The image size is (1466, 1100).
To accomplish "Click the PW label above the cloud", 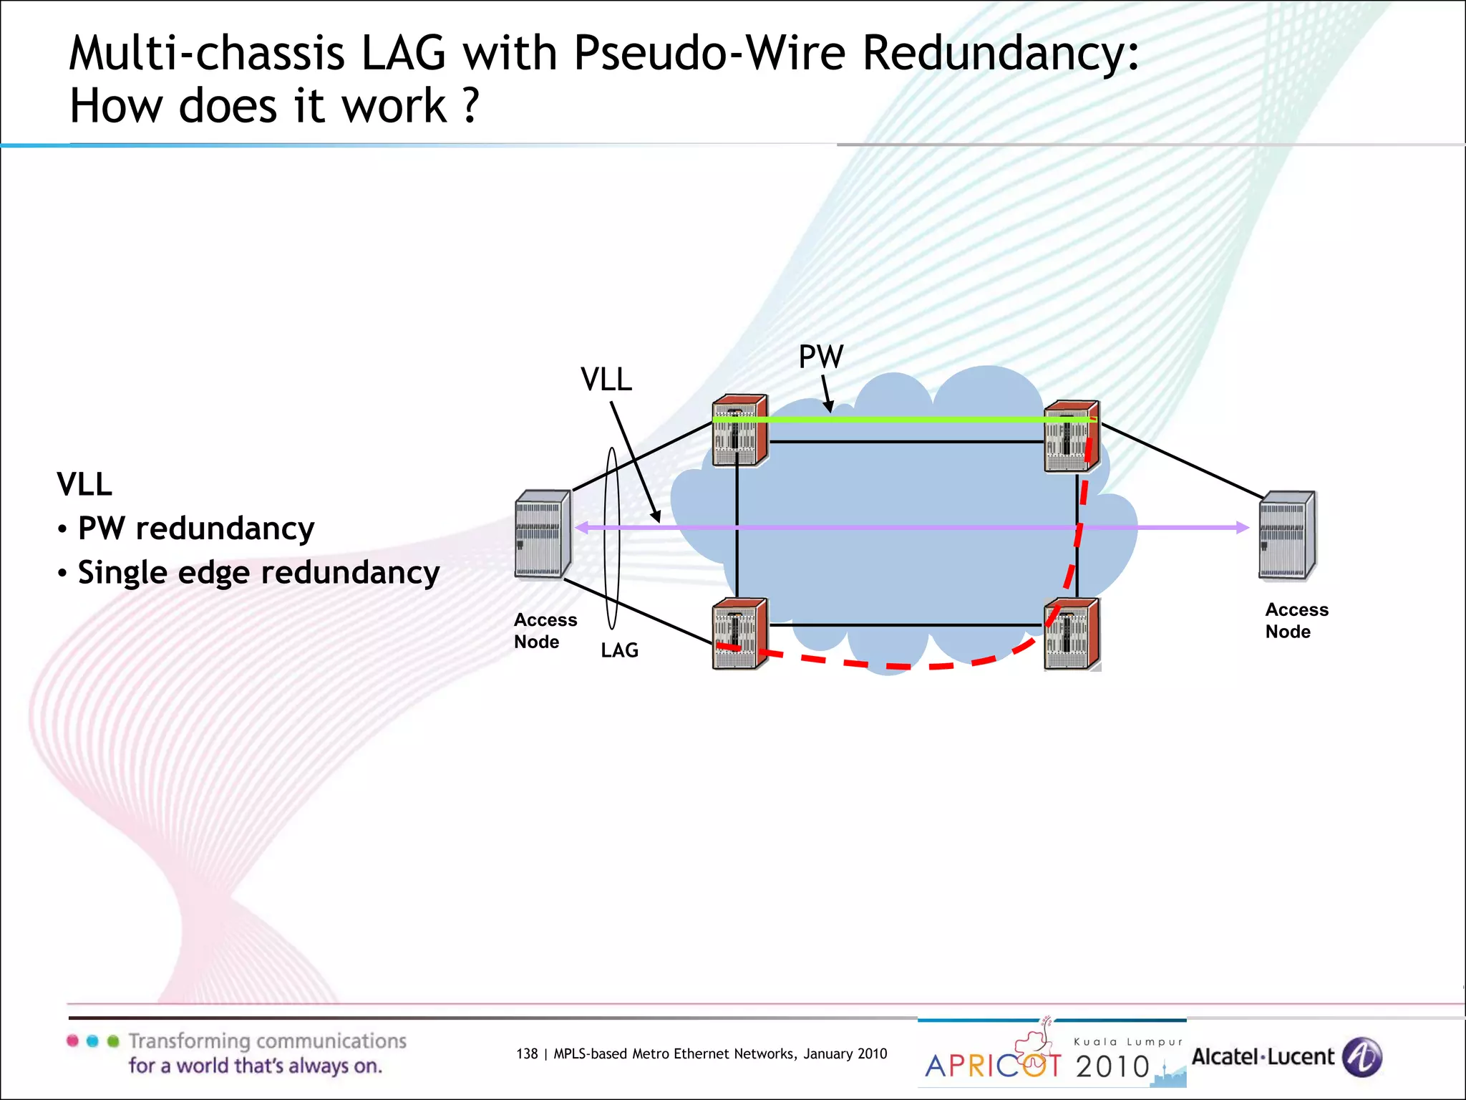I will click(821, 357).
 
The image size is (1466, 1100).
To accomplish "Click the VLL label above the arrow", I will click(606, 380).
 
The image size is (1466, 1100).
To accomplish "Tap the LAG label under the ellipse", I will click(619, 650).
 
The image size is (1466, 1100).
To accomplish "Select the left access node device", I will click(543, 534).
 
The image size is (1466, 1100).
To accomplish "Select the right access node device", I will click(1286, 535).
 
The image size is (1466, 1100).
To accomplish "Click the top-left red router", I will click(739, 431).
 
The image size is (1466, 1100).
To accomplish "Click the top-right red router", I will click(1071, 436).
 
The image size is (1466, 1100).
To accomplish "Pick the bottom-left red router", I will click(739, 634).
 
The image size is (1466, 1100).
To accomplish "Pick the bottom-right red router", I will click(1072, 635).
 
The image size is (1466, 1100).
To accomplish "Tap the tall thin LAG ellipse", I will click(612, 537).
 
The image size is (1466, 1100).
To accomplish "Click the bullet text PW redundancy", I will click(195, 529).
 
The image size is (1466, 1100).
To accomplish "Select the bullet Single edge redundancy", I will click(258, 573).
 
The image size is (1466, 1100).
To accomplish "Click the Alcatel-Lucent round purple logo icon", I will click(1361, 1057).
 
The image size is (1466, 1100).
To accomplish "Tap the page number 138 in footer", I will click(526, 1053).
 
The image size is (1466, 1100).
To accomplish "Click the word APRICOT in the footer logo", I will click(992, 1066).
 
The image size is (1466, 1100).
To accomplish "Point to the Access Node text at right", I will click(1296, 620).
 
